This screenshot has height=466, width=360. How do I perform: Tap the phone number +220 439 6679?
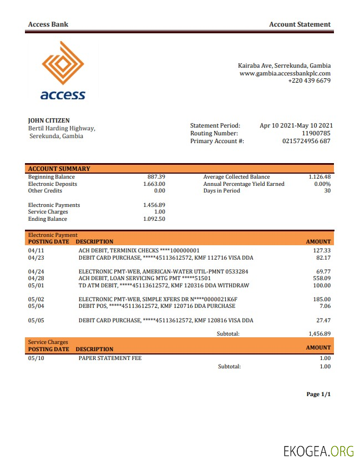309,80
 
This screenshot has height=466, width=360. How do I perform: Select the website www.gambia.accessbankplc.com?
285,73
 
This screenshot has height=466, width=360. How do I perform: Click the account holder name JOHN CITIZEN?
49,120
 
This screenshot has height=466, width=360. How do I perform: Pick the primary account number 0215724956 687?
306,141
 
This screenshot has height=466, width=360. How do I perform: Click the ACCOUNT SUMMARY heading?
59,169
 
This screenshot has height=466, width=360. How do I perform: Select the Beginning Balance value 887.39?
156,177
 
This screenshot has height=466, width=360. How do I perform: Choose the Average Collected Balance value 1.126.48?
320,177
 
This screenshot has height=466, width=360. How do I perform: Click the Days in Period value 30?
327,191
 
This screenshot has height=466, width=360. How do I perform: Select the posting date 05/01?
36,286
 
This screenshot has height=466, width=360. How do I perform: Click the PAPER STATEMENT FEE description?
110,358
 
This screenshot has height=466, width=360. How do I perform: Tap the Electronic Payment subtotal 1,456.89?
320,334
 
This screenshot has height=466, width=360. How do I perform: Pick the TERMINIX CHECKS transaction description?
139,251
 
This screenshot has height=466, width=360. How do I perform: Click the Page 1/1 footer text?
318,394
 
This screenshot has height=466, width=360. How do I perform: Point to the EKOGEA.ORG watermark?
318,450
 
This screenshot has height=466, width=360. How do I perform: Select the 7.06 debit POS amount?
325,306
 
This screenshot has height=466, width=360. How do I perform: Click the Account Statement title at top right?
300,24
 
